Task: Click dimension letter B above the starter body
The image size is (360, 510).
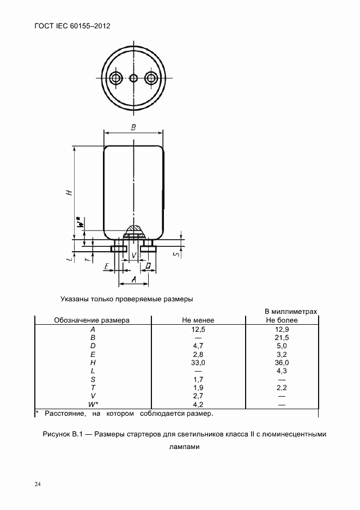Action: tap(133, 127)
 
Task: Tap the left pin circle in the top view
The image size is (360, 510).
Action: tap(115, 78)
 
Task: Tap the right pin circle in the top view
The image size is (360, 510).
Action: tap(151, 78)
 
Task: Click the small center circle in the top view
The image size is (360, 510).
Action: tap(133, 78)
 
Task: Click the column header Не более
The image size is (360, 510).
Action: tap(282, 320)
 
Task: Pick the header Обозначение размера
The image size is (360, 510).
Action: tap(91, 320)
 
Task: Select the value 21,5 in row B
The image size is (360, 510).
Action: tap(282, 338)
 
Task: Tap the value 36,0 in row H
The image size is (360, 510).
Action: tap(282, 362)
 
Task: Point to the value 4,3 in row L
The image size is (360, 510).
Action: tap(282, 371)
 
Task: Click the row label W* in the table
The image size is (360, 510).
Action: tap(93, 404)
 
